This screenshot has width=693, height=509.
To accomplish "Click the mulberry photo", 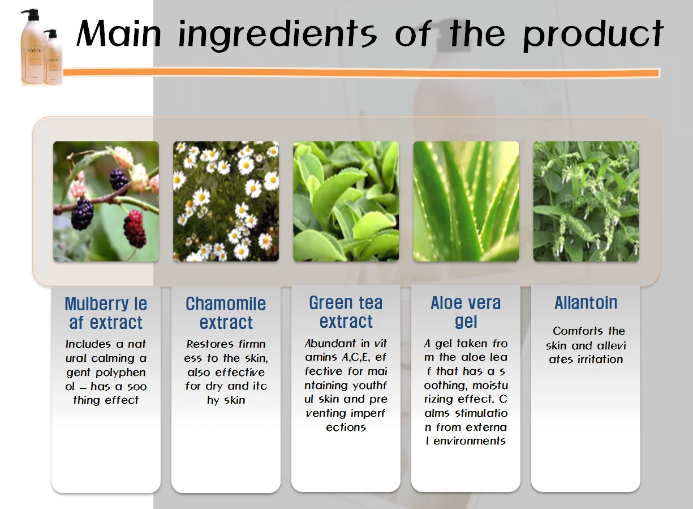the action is point(106,201).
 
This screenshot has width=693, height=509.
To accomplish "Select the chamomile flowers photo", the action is point(226,201).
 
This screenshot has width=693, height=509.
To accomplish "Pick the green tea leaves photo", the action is point(346,201).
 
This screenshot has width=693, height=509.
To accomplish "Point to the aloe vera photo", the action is point(466,201).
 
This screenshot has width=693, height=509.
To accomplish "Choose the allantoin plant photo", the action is point(586,201).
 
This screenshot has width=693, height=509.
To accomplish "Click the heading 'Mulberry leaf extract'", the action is point(106,313).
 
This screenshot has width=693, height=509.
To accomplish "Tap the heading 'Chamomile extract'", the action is point(226,313).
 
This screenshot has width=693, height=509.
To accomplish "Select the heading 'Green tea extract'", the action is point(346,312).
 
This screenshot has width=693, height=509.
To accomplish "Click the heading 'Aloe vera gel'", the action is point(466,312).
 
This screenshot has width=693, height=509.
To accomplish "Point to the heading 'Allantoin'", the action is point(586,302).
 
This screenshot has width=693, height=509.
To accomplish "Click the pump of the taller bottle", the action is point(31,14).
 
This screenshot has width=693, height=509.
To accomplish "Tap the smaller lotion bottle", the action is point(53,57).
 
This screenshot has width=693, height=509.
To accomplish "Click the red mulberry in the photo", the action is point(135,228).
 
